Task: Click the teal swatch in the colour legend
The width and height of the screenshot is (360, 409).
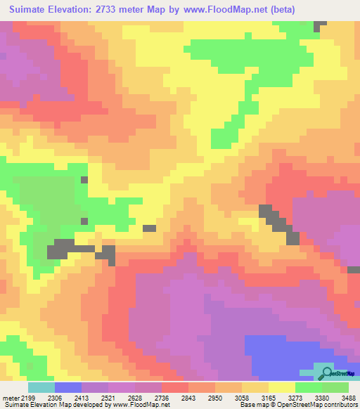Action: coord(41,387)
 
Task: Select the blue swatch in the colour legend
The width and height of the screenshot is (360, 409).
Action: coord(68,387)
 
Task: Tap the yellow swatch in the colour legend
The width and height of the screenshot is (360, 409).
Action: coord(281,387)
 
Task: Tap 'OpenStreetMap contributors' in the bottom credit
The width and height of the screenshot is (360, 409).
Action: coord(319,404)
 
